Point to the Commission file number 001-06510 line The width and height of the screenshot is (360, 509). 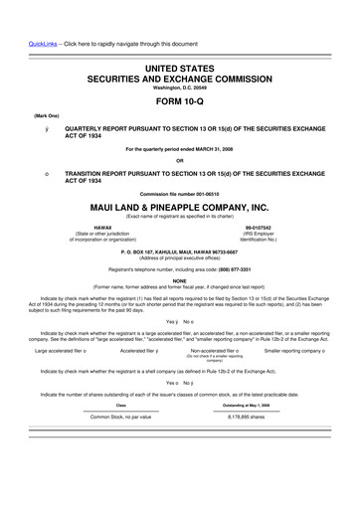(179, 193)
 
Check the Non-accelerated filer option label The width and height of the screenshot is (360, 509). (215, 351)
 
